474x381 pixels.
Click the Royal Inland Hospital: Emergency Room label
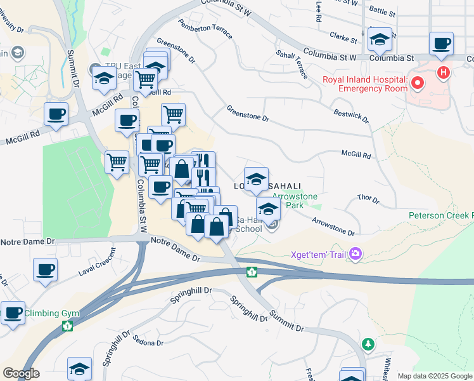coord(364,84)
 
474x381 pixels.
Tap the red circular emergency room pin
coord(418,83)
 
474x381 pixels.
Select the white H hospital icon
coord(444,73)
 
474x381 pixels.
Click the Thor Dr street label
coord(368,200)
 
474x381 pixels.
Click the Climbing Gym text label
coord(48,312)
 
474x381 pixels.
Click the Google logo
coord(22,373)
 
